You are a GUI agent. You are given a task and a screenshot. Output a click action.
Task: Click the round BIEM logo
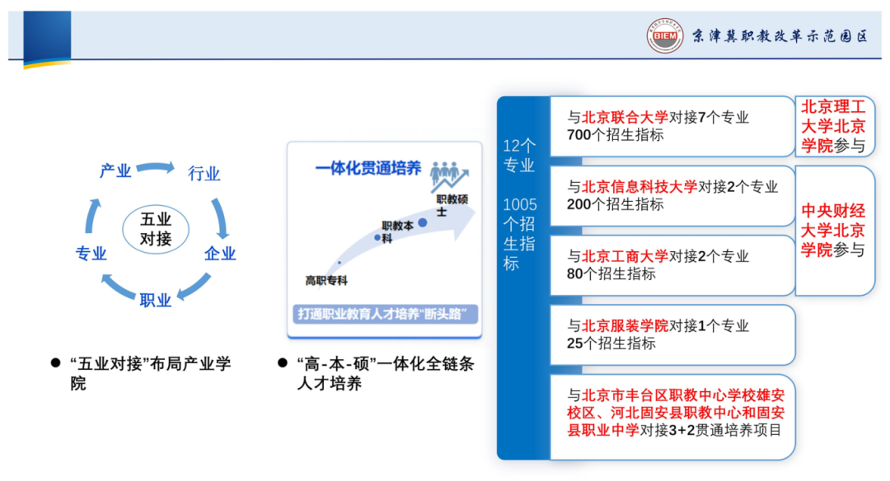pyautogui.click(x=665, y=35)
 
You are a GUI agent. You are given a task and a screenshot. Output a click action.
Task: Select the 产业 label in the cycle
pyautogui.click(x=115, y=170)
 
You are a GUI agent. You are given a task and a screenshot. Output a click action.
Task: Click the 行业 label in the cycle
pyautogui.click(x=204, y=174)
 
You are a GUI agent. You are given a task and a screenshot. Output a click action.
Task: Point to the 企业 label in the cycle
pyautogui.click(x=220, y=254)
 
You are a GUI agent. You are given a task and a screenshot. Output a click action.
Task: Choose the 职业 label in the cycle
pyautogui.click(x=156, y=301)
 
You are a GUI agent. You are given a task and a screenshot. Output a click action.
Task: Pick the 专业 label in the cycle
pyautogui.click(x=91, y=254)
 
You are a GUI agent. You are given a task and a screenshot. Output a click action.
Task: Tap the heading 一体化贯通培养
pyautogui.click(x=368, y=169)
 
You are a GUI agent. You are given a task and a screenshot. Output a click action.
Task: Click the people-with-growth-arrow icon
pyautogui.click(x=449, y=175)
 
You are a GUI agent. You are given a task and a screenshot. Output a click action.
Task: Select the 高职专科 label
pyautogui.click(x=326, y=281)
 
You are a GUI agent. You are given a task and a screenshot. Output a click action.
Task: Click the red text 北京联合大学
pyautogui.click(x=625, y=118)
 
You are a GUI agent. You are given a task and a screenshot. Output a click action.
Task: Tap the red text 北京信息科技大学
pyautogui.click(x=639, y=187)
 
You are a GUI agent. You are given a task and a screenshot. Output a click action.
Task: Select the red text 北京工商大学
pyautogui.click(x=625, y=256)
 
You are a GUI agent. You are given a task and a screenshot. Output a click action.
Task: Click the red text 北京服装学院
pyautogui.click(x=625, y=325)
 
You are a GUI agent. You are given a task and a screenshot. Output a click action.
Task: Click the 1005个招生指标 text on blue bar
pyautogui.click(x=519, y=234)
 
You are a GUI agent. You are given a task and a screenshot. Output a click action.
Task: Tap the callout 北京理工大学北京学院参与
pyautogui.click(x=833, y=126)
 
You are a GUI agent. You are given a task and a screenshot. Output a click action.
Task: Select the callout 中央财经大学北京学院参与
pyautogui.click(x=833, y=231)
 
